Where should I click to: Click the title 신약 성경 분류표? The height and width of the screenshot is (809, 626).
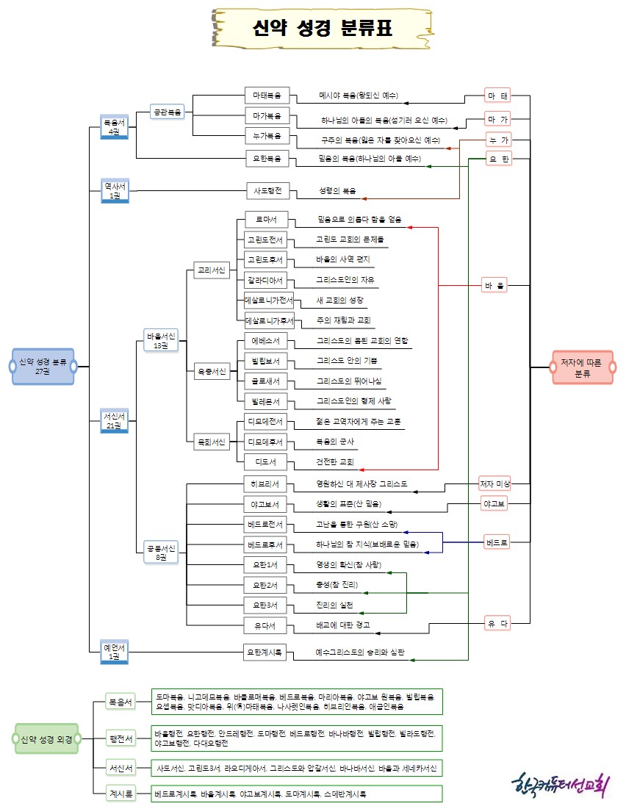coord(322,29)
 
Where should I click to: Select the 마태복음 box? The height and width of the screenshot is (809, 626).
coord(267,96)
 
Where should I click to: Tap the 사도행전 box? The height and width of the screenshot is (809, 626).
coord(267,190)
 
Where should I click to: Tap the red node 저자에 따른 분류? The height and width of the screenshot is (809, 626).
coord(582,366)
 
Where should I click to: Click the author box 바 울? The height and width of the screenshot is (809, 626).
coord(498,285)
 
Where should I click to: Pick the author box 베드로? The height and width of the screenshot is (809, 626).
coord(497,544)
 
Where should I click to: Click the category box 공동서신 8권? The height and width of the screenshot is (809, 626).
coord(162,552)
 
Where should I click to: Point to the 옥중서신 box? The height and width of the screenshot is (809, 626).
coord(211,372)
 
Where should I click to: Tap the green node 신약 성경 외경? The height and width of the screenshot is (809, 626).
coord(46,739)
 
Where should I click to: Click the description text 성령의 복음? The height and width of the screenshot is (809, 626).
coord(337,191)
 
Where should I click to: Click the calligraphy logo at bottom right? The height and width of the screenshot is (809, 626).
coord(559,784)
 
